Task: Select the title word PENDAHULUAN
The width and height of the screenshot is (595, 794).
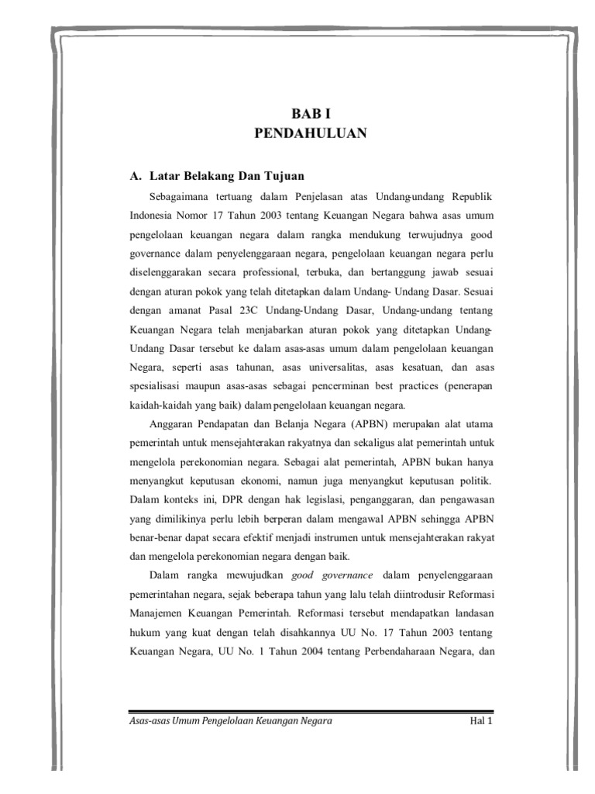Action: tap(310, 133)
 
